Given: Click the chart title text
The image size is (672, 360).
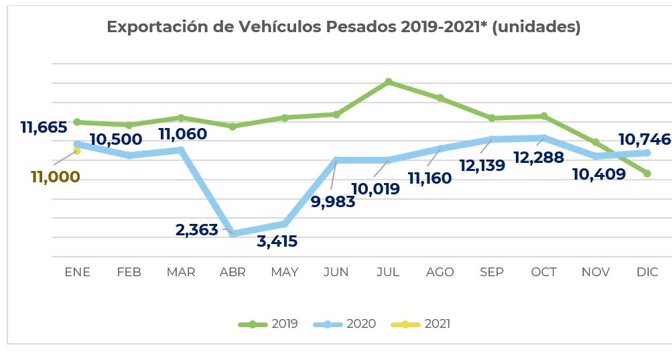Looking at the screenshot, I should (x=344, y=27).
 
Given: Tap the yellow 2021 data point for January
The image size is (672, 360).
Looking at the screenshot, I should (x=77, y=151).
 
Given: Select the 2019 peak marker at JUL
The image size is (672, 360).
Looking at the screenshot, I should (x=389, y=82).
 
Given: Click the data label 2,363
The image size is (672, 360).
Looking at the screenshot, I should (x=197, y=230).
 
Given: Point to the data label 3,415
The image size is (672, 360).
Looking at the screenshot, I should (x=277, y=241).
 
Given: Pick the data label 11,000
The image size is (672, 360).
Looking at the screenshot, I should (x=56, y=177).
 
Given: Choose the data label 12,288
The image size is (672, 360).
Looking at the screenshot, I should (x=539, y=158).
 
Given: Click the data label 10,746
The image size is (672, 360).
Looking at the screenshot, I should (x=644, y=139).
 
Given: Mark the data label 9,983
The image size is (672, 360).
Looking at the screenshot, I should (x=333, y=202).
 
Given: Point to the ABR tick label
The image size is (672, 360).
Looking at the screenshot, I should (x=232, y=272).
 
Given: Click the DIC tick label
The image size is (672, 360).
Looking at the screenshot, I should (x=647, y=272).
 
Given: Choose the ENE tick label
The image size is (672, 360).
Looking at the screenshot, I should (x=77, y=272).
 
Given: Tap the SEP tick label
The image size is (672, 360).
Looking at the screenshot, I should (x=492, y=272).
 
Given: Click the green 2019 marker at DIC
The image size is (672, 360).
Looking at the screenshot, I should (x=647, y=174).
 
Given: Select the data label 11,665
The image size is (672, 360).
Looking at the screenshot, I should (x=44, y=127).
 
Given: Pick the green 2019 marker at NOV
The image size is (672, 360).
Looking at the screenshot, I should (x=596, y=142).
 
